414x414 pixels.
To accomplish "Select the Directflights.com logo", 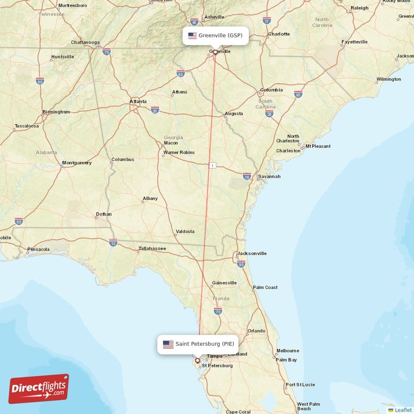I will coord(39,388).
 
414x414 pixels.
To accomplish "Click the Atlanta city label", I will coord(138,101).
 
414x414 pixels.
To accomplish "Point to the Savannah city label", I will coord(270,176).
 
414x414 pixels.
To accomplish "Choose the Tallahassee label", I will coord(152,249).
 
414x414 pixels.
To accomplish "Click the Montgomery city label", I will coord(77,163).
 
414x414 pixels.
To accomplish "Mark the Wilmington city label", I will coord(389,79).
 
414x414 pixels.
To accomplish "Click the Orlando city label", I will coord(256,331).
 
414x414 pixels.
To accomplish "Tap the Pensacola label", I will coord(38,249).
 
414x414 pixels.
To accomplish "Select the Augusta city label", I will coord(233,113).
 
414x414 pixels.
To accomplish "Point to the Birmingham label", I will coord(56,112).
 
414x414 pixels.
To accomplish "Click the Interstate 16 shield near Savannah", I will coord(247,176).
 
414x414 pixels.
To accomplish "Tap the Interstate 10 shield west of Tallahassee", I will coord(113,242).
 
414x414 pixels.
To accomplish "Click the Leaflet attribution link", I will coord(403,410).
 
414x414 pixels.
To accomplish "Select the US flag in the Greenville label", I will coord(193,36).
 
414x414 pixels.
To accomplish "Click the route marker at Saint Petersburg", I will coord(197,361).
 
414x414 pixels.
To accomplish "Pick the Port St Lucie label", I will coord(300,385).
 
